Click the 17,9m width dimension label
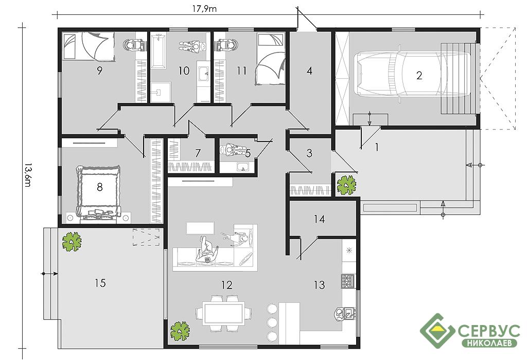(204, 9)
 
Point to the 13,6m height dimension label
(28, 175)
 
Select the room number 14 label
(319, 219)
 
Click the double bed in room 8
(99, 192)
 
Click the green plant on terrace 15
(72, 241)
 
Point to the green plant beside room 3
(346, 185)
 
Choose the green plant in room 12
(180, 331)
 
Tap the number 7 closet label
(198, 153)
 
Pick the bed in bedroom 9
(89, 47)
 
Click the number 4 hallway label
(309, 71)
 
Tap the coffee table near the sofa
(200, 228)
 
